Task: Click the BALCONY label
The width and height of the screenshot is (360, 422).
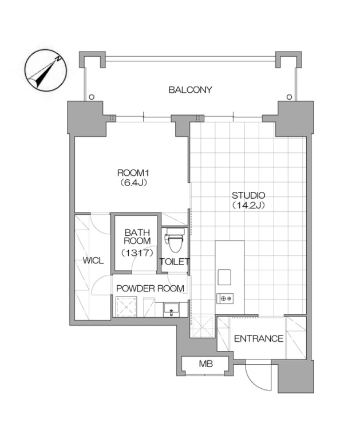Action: pyautogui.click(x=190, y=90)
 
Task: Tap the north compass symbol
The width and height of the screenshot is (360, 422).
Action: pyautogui.click(x=45, y=71)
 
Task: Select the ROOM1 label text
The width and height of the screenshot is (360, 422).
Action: pyautogui.click(x=133, y=173)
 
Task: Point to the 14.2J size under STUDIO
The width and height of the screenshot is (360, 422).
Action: pyautogui.click(x=248, y=206)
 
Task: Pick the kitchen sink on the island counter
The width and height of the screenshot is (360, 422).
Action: pyautogui.click(x=224, y=277)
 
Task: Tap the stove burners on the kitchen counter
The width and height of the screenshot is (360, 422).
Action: pyautogui.click(x=225, y=298)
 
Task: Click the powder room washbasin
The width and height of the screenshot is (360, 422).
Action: pyautogui.click(x=172, y=310)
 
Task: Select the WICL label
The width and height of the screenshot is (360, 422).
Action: pyautogui.click(x=93, y=261)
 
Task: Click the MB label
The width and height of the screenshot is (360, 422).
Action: pyautogui.click(x=206, y=364)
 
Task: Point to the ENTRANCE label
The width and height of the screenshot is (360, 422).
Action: pyautogui.click(x=259, y=338)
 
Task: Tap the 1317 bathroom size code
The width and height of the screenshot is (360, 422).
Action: pyautogui.click(x=137, y=253)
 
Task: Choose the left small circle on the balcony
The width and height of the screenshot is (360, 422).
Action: pyautogui.click(x=92, y=97)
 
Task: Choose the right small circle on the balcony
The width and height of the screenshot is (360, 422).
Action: pyautogui.click(x=290, y=97)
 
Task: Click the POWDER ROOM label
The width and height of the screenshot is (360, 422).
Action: pyautogui.click(x=150, y=289)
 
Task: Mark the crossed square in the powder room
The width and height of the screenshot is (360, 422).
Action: pyautogui.click(x=126, y=307)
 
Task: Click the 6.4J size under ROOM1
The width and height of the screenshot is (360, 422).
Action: pyautogui.click(x=133, y=183)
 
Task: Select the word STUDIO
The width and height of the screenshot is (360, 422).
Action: pyautogui.click(x=248, y=195)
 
